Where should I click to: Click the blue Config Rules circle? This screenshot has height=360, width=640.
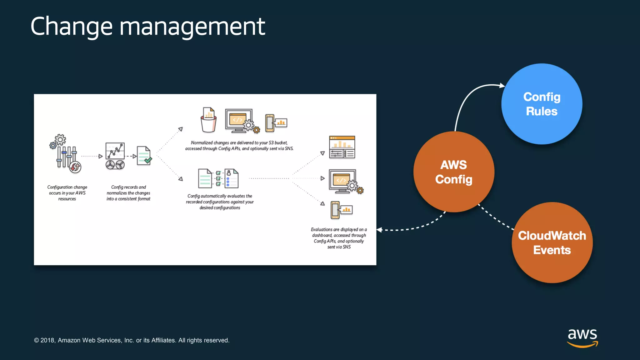point(542,104)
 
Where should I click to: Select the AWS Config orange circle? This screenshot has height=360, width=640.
point(454,172)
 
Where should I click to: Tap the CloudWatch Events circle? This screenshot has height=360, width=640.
point(552,243)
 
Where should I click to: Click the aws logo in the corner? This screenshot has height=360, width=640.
point(582,337)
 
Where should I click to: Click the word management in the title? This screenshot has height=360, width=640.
point(192,27)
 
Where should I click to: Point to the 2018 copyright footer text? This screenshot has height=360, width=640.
point(132,340)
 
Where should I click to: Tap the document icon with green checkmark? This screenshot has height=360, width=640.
point(144,156)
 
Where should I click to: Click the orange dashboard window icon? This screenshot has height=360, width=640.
point(342,147)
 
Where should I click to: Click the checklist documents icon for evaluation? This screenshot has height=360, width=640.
point(218,178)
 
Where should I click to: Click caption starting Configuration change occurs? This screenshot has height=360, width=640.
point(67,193)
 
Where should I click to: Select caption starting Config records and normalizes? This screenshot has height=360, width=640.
point(128,193)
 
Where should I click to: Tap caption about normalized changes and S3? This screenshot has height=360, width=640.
point(239,146)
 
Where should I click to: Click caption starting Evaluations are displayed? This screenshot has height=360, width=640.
point(339,238)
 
